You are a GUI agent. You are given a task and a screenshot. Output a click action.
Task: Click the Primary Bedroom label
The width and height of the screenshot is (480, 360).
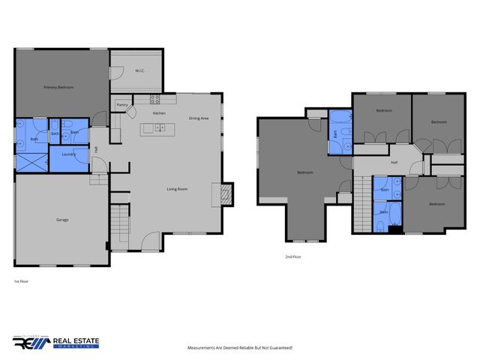[58, 88]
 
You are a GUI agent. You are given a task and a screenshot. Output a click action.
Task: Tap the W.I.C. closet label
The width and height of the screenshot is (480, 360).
[139, 71]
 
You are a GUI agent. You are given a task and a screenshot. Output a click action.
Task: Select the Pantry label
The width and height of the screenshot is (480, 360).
[121, 105]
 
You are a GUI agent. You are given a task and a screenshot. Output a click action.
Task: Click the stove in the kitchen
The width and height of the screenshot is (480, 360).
[155, 98]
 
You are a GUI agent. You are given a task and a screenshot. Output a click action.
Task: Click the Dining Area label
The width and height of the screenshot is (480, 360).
[199, 118]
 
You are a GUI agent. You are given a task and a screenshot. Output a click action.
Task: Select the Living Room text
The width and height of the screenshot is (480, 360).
[177, 189]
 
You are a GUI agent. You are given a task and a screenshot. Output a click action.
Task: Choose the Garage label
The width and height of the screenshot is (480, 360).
[62, 220]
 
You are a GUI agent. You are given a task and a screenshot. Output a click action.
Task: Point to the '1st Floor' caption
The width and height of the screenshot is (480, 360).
[21, 282]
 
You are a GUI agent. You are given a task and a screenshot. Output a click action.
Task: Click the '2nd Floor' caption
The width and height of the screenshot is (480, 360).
[293, 256]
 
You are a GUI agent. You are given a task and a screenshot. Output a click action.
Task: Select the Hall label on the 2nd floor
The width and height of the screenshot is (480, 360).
[394, 162]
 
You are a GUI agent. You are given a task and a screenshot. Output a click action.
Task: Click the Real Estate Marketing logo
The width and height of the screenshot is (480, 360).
[55, 342]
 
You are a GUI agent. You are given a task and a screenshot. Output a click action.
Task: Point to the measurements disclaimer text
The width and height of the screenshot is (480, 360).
[239, 348]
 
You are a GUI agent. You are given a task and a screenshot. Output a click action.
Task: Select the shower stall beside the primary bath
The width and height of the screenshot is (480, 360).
[32, 160]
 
